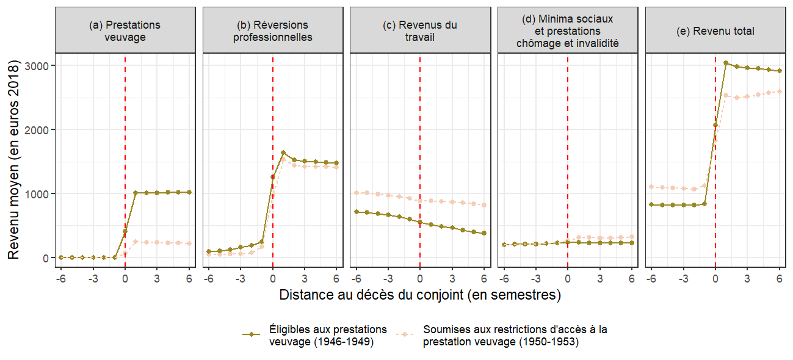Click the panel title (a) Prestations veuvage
point(125,31)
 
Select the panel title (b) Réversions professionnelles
point(272,31)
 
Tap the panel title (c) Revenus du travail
point(420,31)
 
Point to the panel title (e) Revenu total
point(715,31)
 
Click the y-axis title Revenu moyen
point(13,160)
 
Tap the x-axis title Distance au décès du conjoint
point(420,295)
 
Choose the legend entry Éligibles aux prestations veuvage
point(328,335)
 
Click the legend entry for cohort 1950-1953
point(515,335)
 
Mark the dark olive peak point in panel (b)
point(283,153)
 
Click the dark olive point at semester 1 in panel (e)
point(726,63)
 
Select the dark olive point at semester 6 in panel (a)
point(189,192)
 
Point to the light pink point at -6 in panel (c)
point(356,193)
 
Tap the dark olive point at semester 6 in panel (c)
point(484,233)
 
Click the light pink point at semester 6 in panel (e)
point(780,92)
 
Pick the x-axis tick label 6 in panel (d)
point(632,279)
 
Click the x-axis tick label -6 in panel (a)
point(60,279)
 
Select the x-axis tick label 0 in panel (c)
point(420,279)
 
